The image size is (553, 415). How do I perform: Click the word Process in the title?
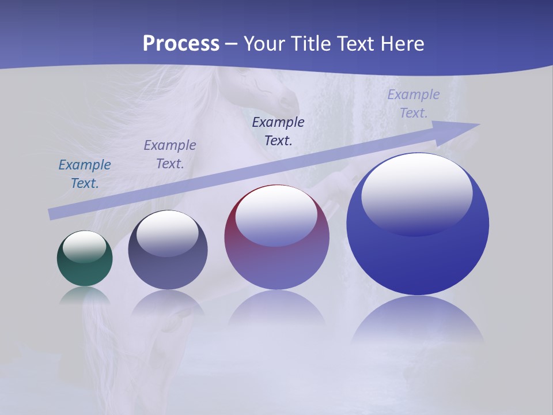tap(181, 44)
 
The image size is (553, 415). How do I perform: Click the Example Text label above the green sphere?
tap(85, 174)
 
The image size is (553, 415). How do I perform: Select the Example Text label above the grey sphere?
tap(170, 154)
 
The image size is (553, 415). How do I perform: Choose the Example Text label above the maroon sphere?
tap(278, 131)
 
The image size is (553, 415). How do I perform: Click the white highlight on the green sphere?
tap(85, 246)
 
